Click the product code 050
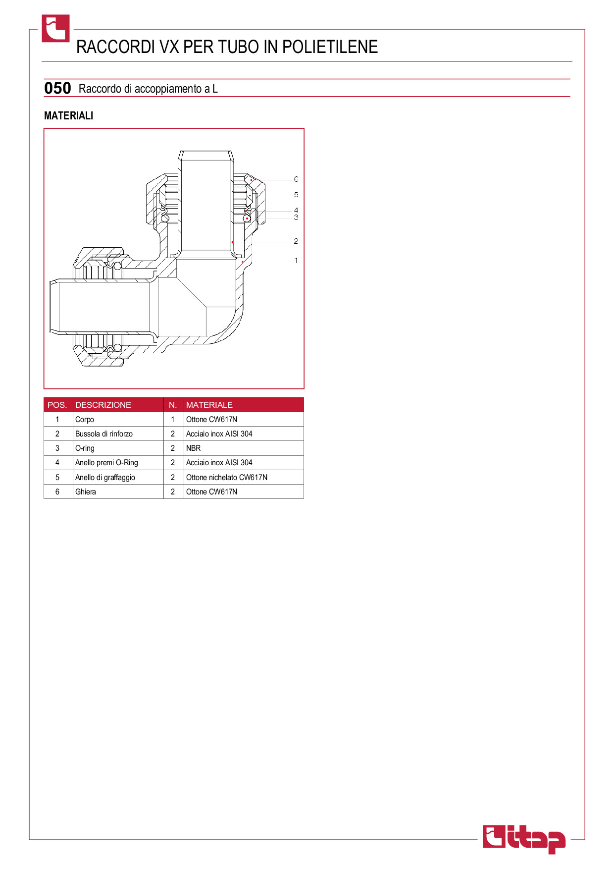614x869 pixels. [57, 88]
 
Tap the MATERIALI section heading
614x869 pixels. [68, 115]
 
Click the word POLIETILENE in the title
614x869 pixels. [330, 47]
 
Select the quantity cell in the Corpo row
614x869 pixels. [173, 420]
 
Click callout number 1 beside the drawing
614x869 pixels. [296, 261]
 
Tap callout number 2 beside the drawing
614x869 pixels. [296, 241]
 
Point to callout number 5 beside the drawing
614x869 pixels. [296, 195]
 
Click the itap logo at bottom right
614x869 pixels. [524, 839]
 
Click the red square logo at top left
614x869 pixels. [55, 28]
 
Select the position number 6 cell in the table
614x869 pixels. [57, 491]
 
